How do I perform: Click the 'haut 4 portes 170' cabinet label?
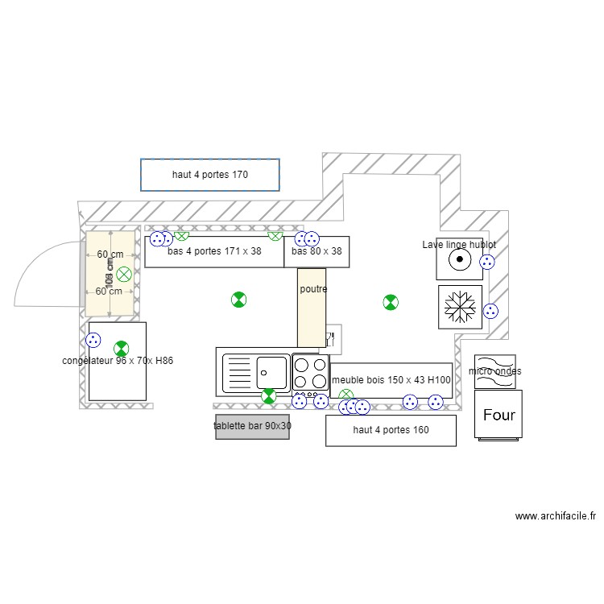point(209,174)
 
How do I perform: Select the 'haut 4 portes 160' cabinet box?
point(391,430)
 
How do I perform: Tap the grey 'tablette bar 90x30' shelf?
point(252,427)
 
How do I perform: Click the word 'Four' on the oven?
point(499,416)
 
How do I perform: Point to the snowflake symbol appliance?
point(461,307)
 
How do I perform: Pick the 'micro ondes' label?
point(494,371)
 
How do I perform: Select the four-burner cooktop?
point(310,373)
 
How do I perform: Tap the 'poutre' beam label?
point(313,289)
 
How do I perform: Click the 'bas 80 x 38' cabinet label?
point(316,251)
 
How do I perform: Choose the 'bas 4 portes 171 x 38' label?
point(214,251)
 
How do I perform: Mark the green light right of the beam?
point(390,302)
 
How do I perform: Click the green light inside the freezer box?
point(121,349)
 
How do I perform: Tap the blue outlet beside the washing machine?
point(487,262)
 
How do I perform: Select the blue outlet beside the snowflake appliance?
point(490,311)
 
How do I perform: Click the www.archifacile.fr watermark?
point(555,516)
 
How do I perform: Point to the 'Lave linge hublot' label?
point(459,244)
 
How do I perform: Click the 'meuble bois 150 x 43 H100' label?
point(391,380)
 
